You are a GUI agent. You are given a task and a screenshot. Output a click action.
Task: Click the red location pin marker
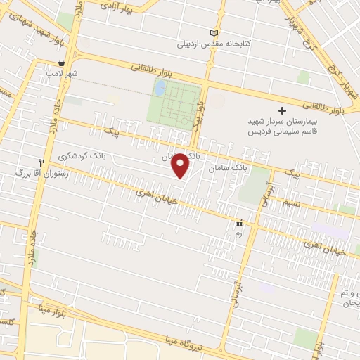coord(181,165)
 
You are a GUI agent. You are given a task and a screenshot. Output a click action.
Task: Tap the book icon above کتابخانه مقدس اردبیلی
coord(214,33)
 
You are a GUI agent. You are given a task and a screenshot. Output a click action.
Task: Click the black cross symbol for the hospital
coord(283,110)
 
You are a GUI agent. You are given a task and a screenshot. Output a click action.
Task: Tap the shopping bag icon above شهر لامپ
coord(62,63)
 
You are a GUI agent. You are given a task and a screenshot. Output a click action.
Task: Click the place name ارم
coord(239,233)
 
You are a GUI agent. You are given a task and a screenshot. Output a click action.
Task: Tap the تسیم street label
coord(291,202)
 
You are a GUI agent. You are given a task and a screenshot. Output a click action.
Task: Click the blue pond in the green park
coord(159,89)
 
